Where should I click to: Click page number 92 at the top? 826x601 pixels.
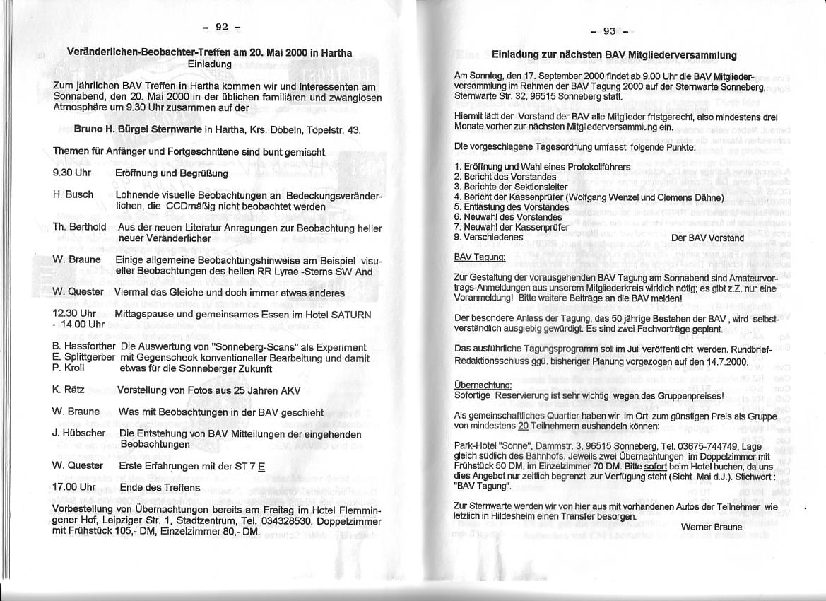pos(221,28)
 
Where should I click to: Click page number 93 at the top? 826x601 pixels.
pos(609,30)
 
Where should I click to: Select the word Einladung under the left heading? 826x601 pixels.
pos(210,64)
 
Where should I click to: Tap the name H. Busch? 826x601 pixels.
pos(73,194)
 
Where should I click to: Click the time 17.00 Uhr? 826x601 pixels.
pos(73,487)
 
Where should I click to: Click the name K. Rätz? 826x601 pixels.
pos(69,390)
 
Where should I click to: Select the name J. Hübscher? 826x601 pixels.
pos(78,433)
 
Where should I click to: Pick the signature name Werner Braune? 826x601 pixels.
pos(712,527)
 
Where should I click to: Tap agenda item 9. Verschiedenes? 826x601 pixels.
pos(488,237)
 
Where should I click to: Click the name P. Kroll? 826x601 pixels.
pos(69,368)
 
